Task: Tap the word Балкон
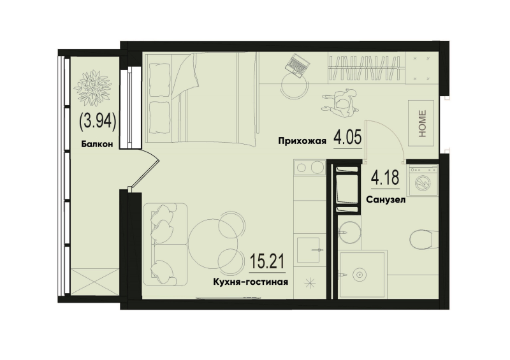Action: click(x=97, y=145)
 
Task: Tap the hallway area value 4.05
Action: click(x=348, y=138)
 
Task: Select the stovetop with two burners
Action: click(x=310, y=169)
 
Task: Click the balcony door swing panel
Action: click(x=145, y=171)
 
